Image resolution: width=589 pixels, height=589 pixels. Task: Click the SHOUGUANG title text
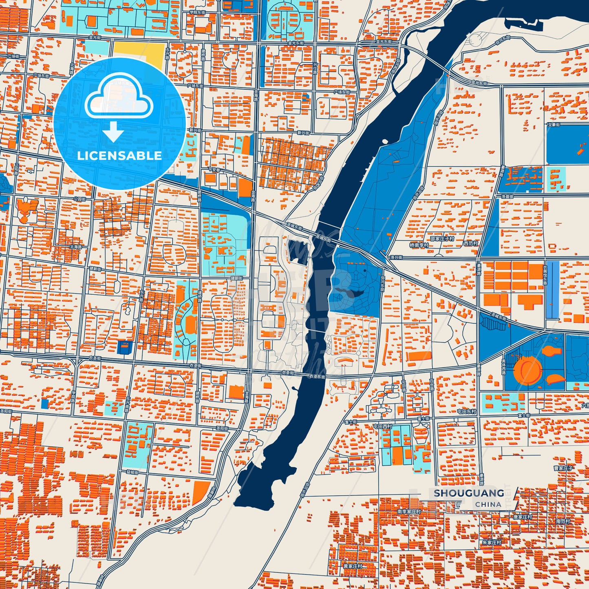click(x=469, y=493)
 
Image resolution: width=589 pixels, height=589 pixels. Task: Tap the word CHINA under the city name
click(x=488, y=504)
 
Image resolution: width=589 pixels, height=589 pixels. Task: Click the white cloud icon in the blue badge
click(x=119, y=98)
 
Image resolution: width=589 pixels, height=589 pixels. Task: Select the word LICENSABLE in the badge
click(x=119, y=156)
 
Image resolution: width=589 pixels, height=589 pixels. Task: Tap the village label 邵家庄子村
click(x=442, y=238)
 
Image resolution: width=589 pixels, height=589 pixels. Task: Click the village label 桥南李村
click(x=419, y=245)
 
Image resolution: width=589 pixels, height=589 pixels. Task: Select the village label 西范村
click(x=470, y=243)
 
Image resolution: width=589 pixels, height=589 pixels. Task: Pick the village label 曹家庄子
click(x=563, y=468)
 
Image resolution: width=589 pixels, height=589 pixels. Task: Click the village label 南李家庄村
click(x=409, y=511)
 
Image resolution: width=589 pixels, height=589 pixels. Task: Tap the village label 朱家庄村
click(x=491, y=543)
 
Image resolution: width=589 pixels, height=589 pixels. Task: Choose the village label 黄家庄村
click(x=352, y=566)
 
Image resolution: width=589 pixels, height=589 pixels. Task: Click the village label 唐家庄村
click(x=522, y=517)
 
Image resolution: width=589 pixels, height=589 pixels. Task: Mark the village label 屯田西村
click(x=382, y=426)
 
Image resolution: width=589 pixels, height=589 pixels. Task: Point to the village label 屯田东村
click(x=466, y=412)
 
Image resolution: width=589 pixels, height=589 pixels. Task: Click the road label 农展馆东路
click(x=545, y=276)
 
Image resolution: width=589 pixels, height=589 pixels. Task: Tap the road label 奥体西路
click(x=503, y=367)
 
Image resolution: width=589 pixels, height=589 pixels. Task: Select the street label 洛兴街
click(x=396, y=258)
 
